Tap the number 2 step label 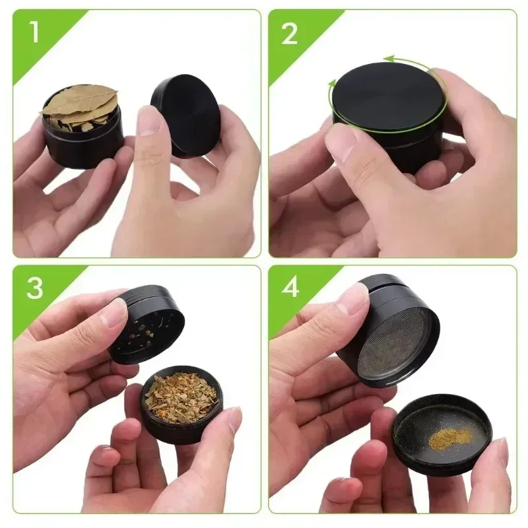coord(290,34)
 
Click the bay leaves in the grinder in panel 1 coord(79,106)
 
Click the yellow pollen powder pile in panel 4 coord(449,436)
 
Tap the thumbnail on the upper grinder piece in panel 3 coord(114,312)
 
